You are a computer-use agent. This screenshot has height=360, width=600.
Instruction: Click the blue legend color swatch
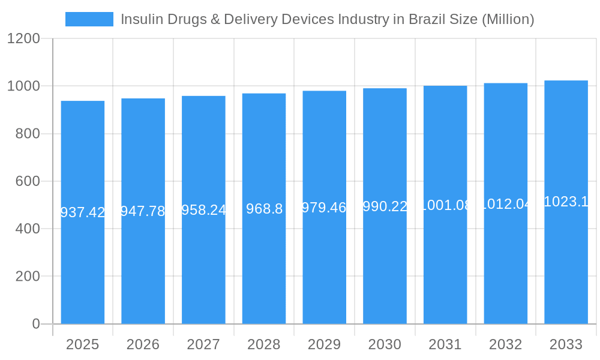tap(89, 19)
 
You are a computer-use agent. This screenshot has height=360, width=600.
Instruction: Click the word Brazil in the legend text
tap(425, 19)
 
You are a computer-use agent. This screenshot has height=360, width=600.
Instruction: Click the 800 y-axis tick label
tap(28, 134)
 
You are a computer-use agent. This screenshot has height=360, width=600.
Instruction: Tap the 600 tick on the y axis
tap(28, 181)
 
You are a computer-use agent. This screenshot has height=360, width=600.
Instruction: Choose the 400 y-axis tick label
tap(28, 229)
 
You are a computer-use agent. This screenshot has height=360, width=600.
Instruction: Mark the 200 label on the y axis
tap(28, 277)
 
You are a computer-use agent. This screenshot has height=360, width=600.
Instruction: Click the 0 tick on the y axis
tap(35, 324)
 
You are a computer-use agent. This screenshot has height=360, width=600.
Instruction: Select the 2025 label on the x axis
tap(82, 344)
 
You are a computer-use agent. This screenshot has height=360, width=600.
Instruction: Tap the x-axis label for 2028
tap(263, 344)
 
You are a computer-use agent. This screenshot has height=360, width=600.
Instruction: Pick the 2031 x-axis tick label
tap(445, 344)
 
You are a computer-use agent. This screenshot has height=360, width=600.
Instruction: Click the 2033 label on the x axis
tap(566, 344)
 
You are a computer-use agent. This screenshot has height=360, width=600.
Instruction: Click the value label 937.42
tap(83, 212)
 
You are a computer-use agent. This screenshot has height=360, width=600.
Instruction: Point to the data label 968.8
tap(264, 209)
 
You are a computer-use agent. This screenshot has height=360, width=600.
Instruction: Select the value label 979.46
tap(324, 208)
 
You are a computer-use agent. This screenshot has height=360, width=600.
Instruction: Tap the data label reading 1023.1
tap(566, 202)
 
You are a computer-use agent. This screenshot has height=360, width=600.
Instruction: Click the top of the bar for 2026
tap(143, 99)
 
